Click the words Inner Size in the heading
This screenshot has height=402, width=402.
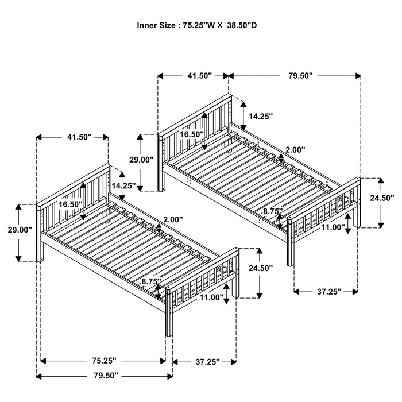[x=156, y=25]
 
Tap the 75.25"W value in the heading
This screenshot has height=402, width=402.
[x=199, y=25]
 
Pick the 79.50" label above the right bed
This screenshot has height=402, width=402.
[x=296, y=75]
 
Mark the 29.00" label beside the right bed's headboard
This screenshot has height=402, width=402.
[x=141, y=159]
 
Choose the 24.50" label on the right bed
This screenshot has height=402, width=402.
[x=382, y=198]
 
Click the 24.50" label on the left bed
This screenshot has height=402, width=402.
[x=260, y=268]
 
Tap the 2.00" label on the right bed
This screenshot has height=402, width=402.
[x=295, y=149]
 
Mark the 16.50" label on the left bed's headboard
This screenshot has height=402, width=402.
[x=70, y=204]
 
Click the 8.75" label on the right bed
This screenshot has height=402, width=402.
[x=273, y=211]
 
